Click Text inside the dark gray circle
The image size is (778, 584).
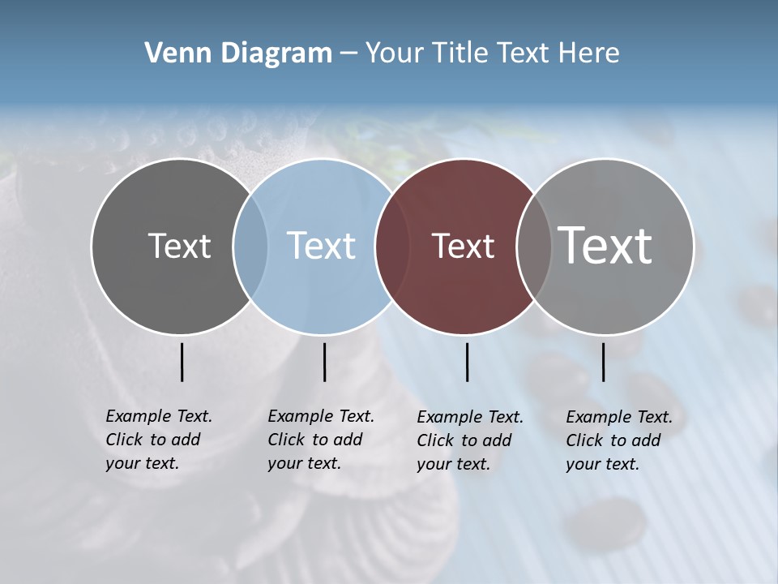click(179, 246)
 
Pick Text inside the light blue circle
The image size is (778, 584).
click(322, 246)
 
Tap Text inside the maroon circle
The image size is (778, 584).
click(464, 246)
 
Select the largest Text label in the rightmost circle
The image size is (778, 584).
click(605, 246)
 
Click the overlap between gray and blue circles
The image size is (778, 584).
click(250, 247)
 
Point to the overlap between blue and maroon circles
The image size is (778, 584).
click(392, 247)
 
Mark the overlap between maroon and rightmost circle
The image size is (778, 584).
click(534, 247)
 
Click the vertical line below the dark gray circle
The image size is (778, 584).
click(182, 362)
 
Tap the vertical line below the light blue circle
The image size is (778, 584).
click(324, 362)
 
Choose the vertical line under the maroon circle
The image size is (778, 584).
click(467, 362)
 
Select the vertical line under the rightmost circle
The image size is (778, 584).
click(603, 362)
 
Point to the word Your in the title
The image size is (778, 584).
click(395, 54)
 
